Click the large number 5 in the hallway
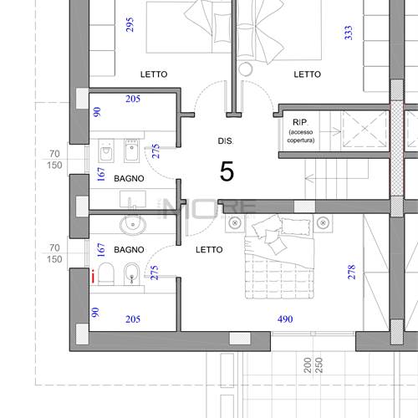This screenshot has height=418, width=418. tap(227, 171)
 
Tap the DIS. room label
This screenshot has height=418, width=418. tap(226, 141)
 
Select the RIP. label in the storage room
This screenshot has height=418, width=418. tap(300, 122)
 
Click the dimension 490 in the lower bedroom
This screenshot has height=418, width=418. tap(285, 319)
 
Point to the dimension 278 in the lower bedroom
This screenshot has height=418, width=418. tap(352, 272)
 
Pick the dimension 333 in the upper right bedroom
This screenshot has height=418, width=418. tap(349, 33)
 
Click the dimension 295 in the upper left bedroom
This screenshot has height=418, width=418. tap(130, 24)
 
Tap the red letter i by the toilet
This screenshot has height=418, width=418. tap(93, 276)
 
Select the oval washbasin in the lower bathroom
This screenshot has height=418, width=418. tap(133, 225)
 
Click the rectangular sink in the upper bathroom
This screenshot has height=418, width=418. tap(133, 199)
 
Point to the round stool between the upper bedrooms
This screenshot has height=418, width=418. tap(246, 69)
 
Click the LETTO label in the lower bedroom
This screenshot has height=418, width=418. tap(209, 250)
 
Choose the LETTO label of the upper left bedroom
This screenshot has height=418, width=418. tap(154, 74)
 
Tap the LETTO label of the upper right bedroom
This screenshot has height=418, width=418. tap(308, 74)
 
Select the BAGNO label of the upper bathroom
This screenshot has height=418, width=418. tap(129, 178)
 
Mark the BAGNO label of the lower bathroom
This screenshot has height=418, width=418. tap(129, 250)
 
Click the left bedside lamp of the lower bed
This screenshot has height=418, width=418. tap(235, 223)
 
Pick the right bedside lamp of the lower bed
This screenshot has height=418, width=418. tap(323, 223)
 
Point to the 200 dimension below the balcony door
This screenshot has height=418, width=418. tap(308, 365)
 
